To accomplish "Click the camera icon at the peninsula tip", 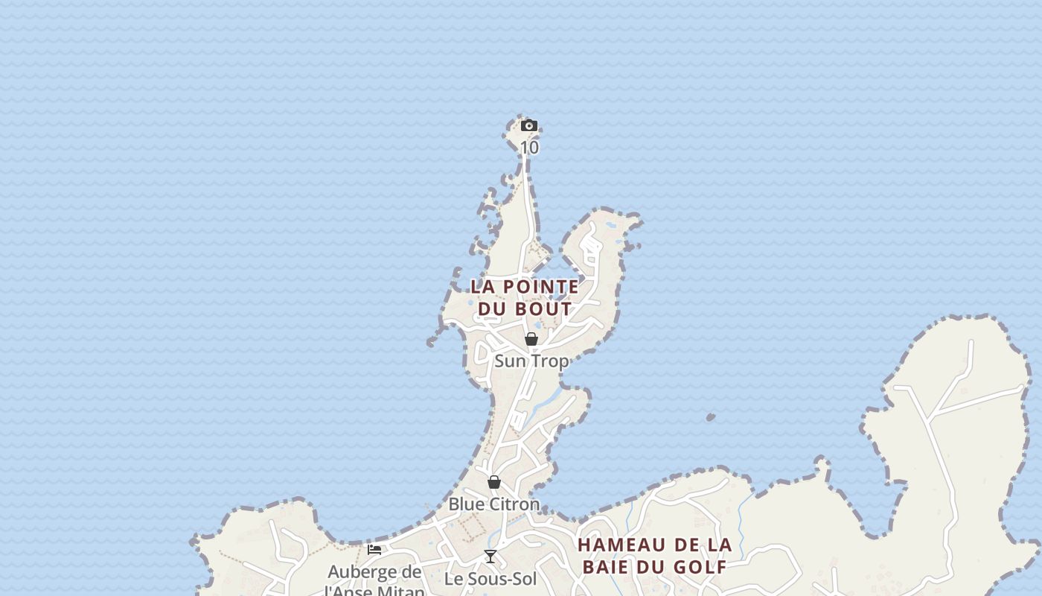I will click(529, 125).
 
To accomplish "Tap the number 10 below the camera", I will click(529, 148).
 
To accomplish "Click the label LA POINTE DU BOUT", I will click(525, 297).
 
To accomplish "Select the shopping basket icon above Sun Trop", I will click(531, 340).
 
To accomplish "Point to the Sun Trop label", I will click(531, 361).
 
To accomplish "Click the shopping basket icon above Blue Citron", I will click(493, 482).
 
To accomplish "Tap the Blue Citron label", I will click(493, 504).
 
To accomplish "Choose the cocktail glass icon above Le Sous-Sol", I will click(490, 556).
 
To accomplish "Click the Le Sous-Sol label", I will click(490, 578).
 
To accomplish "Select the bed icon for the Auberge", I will click(374, 550).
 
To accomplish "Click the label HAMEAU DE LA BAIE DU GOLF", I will click(655, 556).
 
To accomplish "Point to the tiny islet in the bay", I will click(710, 417).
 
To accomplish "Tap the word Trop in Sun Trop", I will click(551, 361).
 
